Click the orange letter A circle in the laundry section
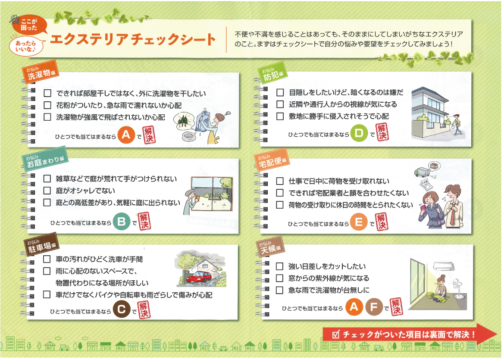[126, 135]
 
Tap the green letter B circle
[122, 222]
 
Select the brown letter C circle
[122, 310]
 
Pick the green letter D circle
[359, 133]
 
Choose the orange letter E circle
[359, 222]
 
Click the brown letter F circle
[374, 307]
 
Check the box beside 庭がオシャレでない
[47, 191]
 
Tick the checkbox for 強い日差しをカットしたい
[280, 266]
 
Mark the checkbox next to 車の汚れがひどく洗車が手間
[47, 259]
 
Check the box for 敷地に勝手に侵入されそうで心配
[280, 116]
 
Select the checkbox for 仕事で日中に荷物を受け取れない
[280, 181]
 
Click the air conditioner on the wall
[444, 266]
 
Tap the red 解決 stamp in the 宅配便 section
[382, 222]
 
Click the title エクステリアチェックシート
[133, 39]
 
